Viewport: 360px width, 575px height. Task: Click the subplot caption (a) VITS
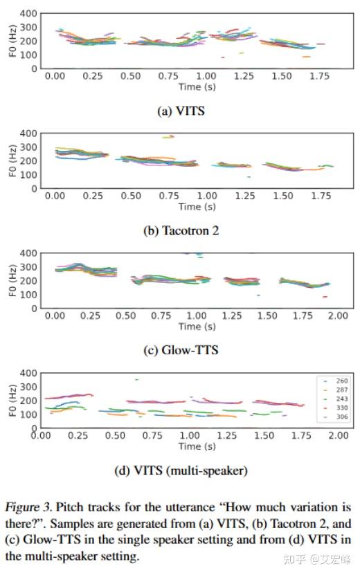181,111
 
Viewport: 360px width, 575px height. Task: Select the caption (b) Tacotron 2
181,230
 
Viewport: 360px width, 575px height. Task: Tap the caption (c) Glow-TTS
181,350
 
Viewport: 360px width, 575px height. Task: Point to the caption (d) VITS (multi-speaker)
181,471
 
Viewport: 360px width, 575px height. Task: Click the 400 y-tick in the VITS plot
28,14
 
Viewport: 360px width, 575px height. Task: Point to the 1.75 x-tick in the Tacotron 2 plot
320,196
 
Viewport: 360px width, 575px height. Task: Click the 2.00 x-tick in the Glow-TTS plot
338,316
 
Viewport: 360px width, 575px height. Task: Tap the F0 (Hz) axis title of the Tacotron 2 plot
11,161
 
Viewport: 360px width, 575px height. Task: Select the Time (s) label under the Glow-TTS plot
197,326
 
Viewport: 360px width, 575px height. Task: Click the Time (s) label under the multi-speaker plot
190,446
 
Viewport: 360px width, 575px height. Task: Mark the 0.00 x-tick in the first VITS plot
55,76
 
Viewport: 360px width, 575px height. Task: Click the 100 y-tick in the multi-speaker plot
28,414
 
